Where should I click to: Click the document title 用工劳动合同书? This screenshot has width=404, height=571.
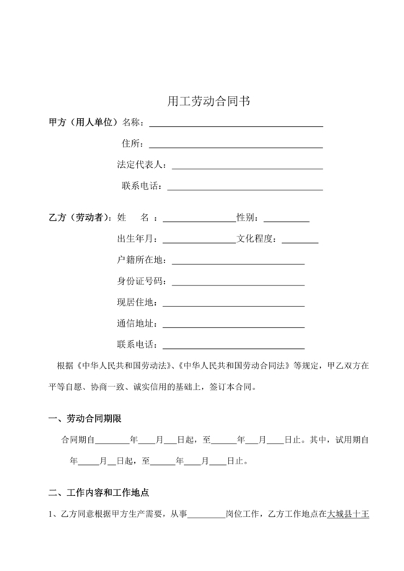click(203, 102)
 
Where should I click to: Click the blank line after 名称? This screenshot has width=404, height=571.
click(235, 125)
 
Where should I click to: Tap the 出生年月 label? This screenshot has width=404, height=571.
click(136, 239)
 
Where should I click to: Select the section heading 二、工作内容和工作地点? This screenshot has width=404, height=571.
click(98, 494)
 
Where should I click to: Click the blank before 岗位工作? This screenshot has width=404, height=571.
click(206, 517)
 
